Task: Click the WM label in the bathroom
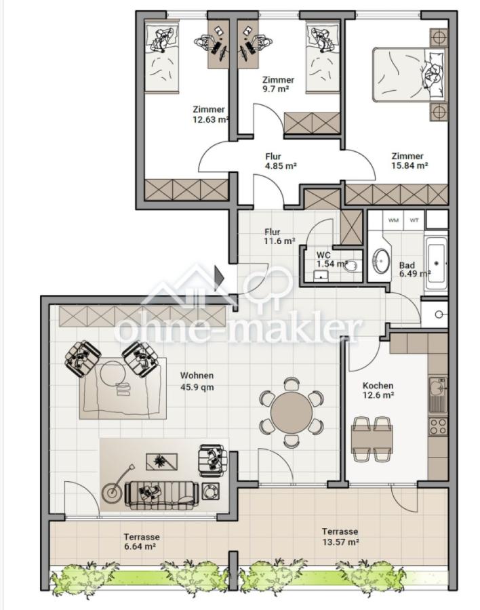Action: click(x=393, y=220)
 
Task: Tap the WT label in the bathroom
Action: click(x=414, y=220)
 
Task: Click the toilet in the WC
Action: click(x=352, y=266)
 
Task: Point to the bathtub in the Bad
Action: click(x=437, y=262)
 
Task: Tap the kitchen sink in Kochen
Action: click(x=437, y=395)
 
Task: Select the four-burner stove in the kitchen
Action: click(x=437, y=427)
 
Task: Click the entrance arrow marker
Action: click(x=219, y=278)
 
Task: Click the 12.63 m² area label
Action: click(x=210, y=119)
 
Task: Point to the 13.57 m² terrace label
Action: click(x=340, y=542)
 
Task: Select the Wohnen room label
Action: click(x=197, y=375)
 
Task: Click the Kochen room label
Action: click(x=378, y=386)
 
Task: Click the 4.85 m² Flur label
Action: click(x=280, y=166)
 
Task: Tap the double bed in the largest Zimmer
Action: click(x=408, y=75)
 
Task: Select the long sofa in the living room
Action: click(x=161, y=495)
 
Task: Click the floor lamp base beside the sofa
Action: click(x=111, y=492)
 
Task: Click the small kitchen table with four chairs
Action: click(x=371, y=439)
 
